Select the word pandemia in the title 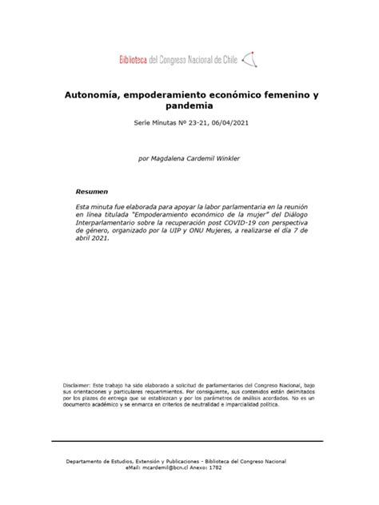(189, 105)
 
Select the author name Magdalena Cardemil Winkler (200, 158)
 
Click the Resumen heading (91, 193)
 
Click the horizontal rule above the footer (189, 440)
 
